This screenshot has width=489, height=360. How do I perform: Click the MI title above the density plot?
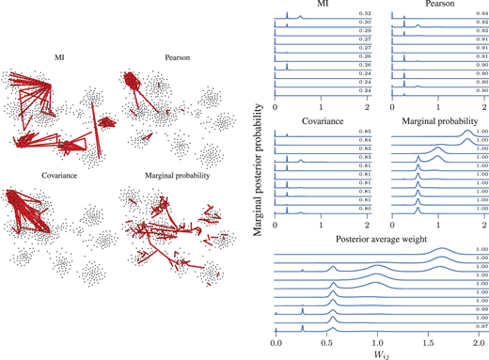pos(322,5)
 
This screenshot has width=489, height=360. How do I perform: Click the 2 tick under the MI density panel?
pos(368,111)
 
